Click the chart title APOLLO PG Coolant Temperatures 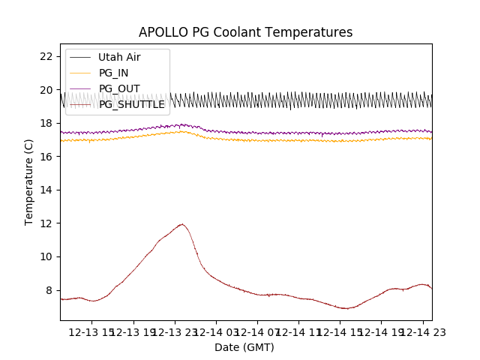coord(245,32)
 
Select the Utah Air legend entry coord(118,57)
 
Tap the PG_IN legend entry coord(113,73)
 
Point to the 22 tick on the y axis coord(46,56)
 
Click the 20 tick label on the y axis coord(46,90)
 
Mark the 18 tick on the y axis coord(46,123)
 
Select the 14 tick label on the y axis coord(46,190)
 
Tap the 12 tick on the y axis coord(46,223)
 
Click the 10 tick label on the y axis coord(46,256)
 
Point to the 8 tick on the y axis coord(49,290)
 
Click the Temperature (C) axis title coord(29,181)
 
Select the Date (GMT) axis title coord(244,347)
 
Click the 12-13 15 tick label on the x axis coord(92,331)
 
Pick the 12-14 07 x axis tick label coord(257,331)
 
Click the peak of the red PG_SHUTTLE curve coord(181,224)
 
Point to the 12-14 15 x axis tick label coord(340,331)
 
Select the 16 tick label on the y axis coord(46,157)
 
